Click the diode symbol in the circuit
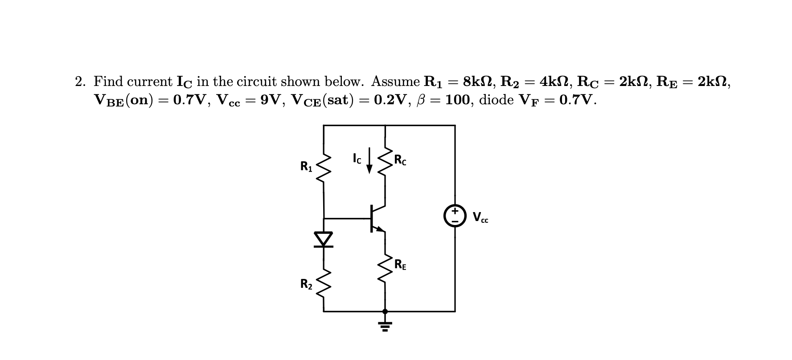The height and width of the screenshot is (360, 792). click(x=324, y=239)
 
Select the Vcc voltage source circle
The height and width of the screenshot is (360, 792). click(x=455, y=216)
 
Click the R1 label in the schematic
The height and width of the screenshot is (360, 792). click(x=307, y=167)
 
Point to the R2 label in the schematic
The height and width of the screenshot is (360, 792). click(x=307, y=283)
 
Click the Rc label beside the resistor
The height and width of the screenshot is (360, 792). click(x=400, y=160)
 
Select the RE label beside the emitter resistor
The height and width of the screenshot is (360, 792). click(x=400, y=265)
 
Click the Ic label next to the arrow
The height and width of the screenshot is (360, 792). click(x=357, y=158)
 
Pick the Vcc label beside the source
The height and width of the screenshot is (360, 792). click(x=480, y=218)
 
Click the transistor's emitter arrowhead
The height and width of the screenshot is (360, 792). click(x=380, y=229)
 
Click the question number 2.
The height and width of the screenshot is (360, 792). click(x=80, y=82)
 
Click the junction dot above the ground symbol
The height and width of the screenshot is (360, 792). click(x=385, y=311)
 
